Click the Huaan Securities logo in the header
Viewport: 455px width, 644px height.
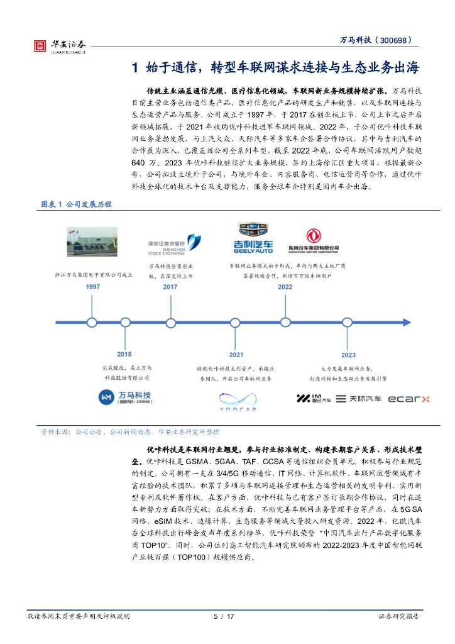[60, 45]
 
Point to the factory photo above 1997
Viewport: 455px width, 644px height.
[92, 241]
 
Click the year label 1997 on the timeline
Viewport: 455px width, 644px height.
[93, 286]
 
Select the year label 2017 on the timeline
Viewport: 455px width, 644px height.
[170, 286]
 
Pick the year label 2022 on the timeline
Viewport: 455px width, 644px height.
[285, 286]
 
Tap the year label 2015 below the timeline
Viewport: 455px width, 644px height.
[124, 354]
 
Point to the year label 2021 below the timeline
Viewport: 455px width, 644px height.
[236, 355]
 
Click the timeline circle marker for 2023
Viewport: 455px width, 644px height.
[348, 323]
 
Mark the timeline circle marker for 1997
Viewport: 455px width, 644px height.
[92, 323]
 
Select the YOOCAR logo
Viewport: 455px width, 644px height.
[237, 401]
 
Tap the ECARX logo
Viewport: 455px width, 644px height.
[408, 399]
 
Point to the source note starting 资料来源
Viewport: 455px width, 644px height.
[130, 432]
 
